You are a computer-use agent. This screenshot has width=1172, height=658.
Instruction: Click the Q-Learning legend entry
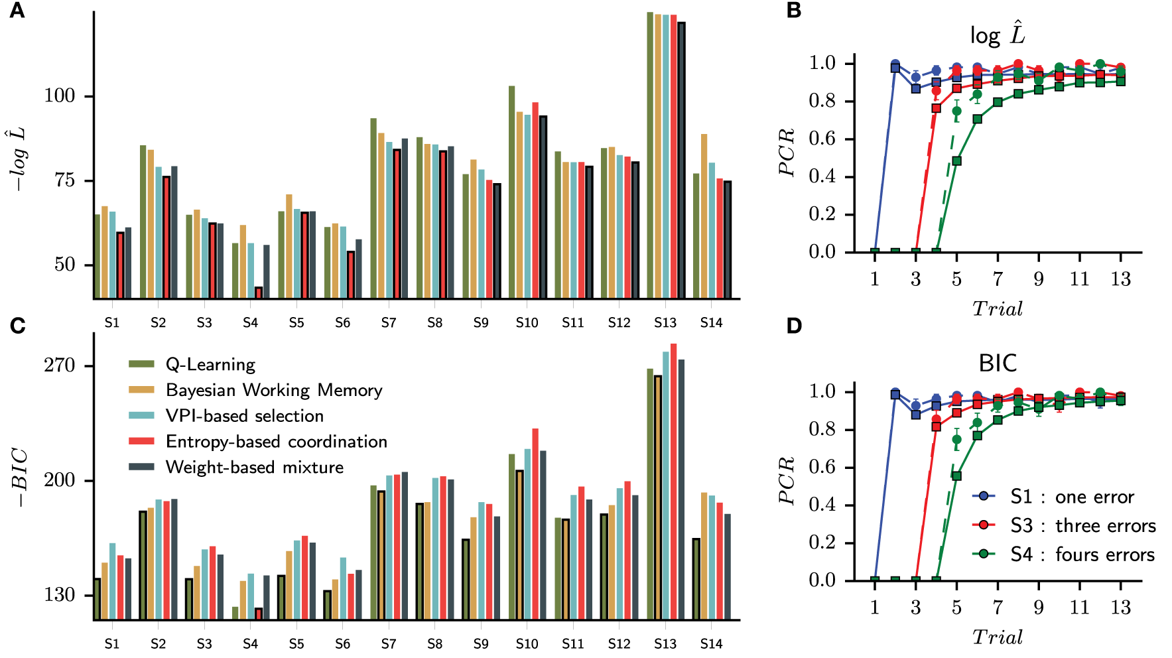point(210,364)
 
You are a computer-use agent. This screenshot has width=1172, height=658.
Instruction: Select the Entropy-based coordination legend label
point(276,442)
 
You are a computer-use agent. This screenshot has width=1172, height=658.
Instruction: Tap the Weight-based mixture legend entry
point(254,468)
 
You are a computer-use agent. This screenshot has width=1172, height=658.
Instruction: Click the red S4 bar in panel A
point(259,293)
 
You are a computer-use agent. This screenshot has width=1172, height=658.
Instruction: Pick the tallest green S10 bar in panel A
point(511,192)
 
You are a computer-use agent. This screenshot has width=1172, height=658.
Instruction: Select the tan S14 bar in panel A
point(704,216)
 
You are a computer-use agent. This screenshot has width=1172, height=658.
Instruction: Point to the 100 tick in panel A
point(60,96)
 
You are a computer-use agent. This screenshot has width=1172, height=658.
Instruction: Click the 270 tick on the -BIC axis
point(60,365)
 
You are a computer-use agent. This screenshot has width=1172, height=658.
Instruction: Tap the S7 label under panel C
point(389,643)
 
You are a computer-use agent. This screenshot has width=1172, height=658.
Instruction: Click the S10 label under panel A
point(527,322)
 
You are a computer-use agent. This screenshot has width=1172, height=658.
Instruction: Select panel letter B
point(793,10)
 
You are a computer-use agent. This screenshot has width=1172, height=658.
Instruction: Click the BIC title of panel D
point(997,363)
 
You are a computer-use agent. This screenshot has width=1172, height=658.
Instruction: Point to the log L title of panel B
point(997,34)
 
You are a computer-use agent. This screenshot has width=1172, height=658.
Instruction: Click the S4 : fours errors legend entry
point(1082,555)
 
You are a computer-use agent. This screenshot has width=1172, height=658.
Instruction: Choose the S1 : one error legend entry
point(1072,497)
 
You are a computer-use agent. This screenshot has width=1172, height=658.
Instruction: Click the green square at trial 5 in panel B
point(956,161)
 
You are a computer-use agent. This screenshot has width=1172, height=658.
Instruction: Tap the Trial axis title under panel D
point(997,637)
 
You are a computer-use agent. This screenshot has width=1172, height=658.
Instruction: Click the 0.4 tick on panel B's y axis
point(822,177)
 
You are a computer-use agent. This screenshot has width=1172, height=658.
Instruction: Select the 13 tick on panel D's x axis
point(1120,608)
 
